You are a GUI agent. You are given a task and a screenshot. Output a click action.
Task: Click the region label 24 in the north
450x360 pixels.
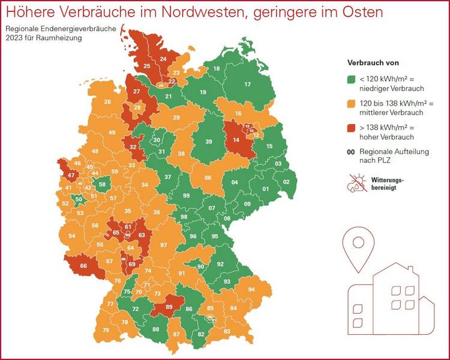pyautogui.click(x=163, y=59)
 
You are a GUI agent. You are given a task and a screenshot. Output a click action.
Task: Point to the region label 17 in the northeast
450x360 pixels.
pyautogui.click(x=247, y=85)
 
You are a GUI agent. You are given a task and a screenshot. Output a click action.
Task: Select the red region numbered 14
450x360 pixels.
pyautogui.click(x=236, y=140)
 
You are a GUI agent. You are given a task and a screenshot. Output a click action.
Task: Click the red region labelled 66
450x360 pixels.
pyautogui.click(x=83, y=266)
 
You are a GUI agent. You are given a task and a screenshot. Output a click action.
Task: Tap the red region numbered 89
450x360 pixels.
pyautogui.click(x=169, y=307)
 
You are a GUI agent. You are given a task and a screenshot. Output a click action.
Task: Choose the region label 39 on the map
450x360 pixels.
pyautogui.click(x=209, y=142)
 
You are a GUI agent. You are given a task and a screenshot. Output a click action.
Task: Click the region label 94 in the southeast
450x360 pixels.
pyautogui.click(x=251, y=289)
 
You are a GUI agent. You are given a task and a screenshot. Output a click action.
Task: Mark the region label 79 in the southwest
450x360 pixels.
pyautogui.click(x=106, y=331)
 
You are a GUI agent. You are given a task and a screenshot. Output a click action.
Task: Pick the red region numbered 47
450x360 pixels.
pyautogui.click(x=71, y=176)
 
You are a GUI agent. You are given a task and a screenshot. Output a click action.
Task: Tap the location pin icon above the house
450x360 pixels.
pyautogui.click(x=359, y=244)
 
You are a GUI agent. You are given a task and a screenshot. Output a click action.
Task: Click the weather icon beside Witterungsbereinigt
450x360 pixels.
pyautogui.click(x=356, y=183)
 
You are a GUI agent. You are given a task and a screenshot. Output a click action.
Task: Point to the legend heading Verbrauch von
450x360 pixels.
pyautogui.click(x=373, y=62)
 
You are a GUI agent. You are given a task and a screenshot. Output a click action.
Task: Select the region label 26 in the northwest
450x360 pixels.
pyautogui.click(x=107, y=102)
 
